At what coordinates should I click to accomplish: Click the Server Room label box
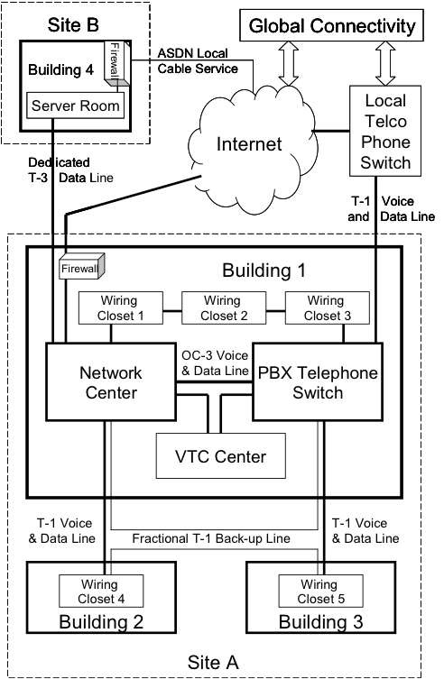[76, 106]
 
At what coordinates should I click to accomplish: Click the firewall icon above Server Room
[114, 65]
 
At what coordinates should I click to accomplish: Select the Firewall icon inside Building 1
[82, 267]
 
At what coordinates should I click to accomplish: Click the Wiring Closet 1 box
[120, 307]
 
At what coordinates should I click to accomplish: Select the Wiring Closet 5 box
[320, 591]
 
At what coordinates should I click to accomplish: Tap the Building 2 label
[100, 621]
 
